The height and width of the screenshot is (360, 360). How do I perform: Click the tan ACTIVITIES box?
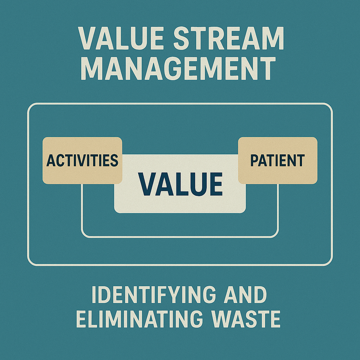82,160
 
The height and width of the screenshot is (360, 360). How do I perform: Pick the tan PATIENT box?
278,160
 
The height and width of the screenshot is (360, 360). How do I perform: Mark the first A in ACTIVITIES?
50,160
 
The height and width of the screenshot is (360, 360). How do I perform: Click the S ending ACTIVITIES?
114,160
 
